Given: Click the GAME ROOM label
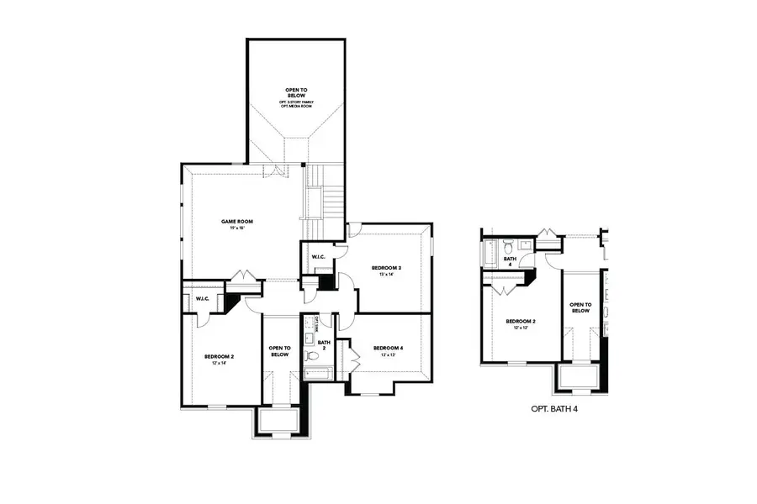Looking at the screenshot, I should [237, 222].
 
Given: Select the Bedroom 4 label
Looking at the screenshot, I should [388, 348].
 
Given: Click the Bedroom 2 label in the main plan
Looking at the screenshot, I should [220, 356].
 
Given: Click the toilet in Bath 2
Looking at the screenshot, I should [309, 340].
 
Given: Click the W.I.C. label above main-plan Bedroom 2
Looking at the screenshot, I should [203, 299].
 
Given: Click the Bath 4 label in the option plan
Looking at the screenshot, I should [509, 260].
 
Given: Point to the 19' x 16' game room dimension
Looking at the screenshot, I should [237, 228].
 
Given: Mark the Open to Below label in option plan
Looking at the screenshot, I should [580, 307].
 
